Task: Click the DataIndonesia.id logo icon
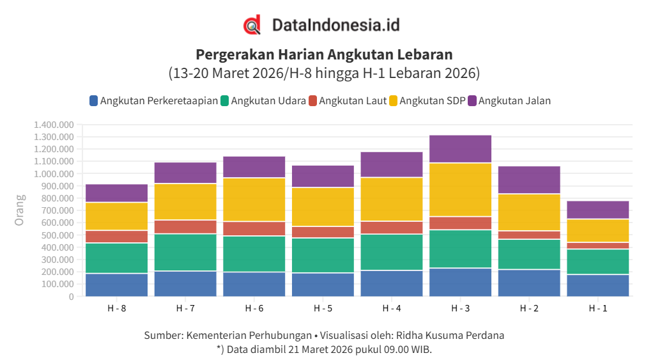(x=252, y=25)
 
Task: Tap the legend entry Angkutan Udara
(x=263, y=100)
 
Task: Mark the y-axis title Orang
(x=20, y=210)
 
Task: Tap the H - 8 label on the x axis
(x=116, y=308)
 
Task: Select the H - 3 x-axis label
(x=460, y=308)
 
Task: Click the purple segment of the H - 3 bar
(x=460, y=149)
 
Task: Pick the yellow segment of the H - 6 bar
(x=254, y=200)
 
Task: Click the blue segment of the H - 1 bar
(x=597, y=285)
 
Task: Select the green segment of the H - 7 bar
(x=185, y=252)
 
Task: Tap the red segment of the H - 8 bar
(x=116, y=237)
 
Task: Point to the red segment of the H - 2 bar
(x=529, y=235)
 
